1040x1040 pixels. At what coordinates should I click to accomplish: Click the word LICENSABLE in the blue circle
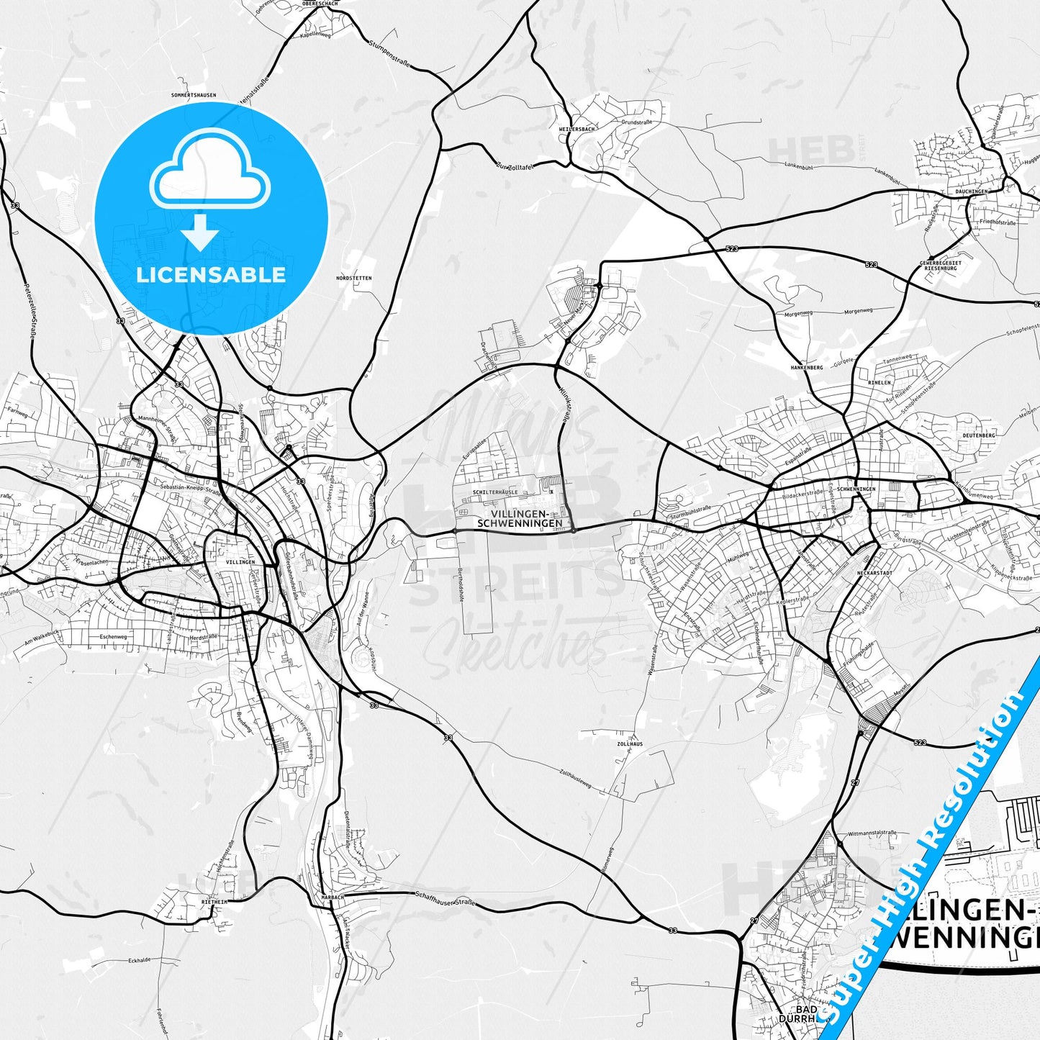point(211,274)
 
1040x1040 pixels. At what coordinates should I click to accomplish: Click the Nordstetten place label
point(354,278)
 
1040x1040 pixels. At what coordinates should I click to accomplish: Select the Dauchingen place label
point(972,191)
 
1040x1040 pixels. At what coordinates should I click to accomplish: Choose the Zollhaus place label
point(630,743)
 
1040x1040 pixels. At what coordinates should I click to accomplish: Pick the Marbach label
point(333,897)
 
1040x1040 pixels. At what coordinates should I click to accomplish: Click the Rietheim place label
point(214,900)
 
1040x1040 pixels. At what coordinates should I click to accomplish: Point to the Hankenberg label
point(806,367)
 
